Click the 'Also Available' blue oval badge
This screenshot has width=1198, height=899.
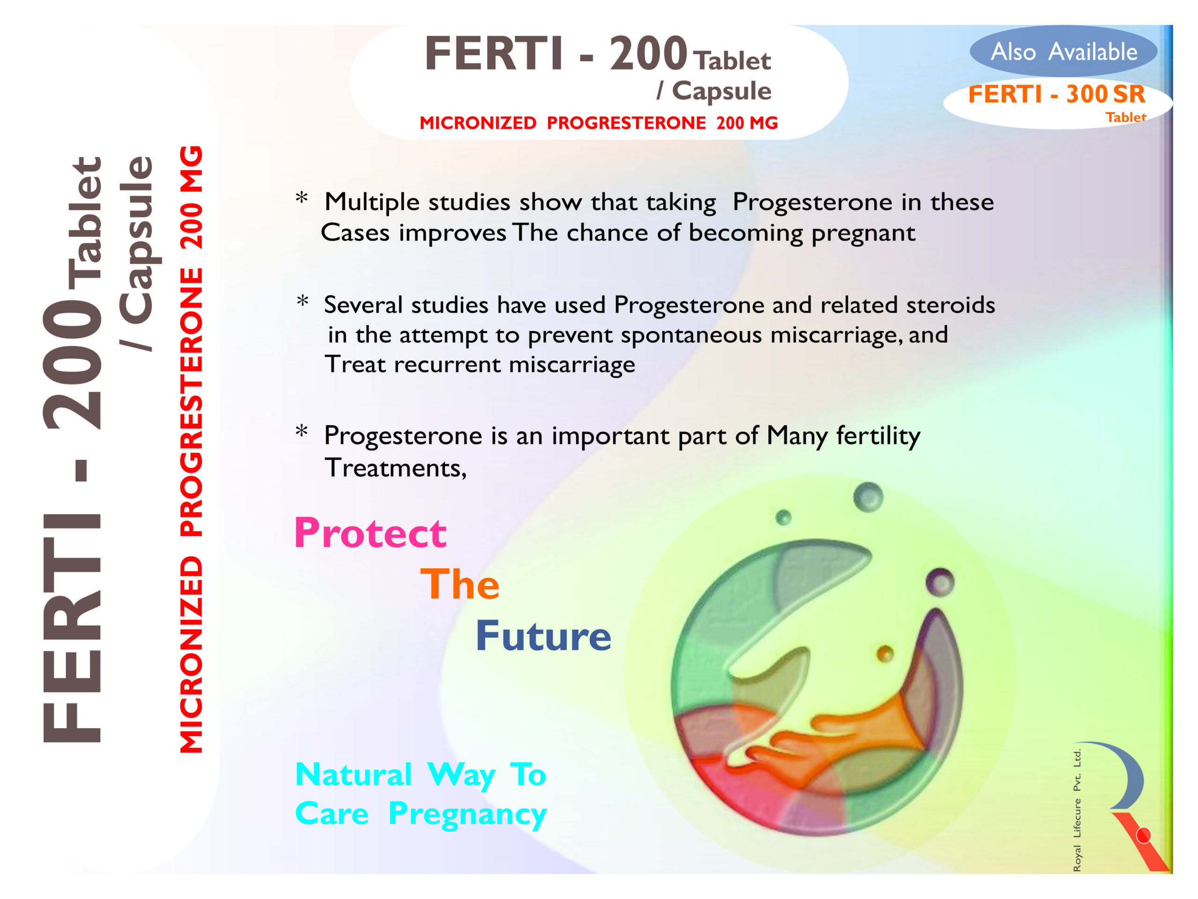1063,51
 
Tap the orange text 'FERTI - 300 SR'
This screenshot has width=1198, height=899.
1057,94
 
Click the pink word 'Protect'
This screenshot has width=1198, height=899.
371,533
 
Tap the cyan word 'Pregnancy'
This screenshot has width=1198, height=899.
468,814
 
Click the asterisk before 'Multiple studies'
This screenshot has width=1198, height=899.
302,198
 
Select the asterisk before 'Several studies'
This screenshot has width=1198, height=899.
302,301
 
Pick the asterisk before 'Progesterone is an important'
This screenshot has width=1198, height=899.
302,431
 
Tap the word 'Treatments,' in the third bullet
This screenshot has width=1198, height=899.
395,468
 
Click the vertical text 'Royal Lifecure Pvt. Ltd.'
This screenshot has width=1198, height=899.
1077,810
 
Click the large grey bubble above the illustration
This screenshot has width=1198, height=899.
868,497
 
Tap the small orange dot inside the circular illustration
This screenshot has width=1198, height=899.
885,654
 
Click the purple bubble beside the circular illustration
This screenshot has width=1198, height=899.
940,582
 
